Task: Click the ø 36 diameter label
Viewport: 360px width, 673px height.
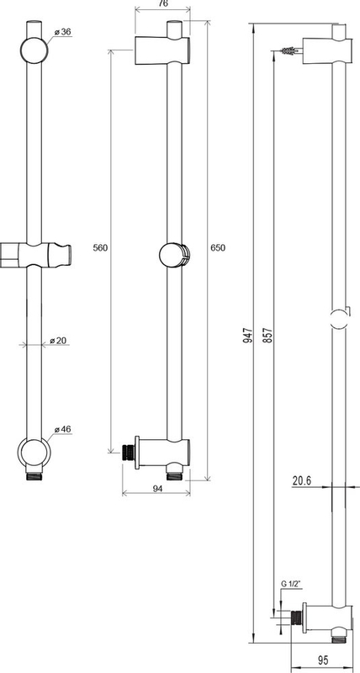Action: [x=62, y=32]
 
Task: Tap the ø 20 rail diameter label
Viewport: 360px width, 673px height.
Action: [x=57, y=341]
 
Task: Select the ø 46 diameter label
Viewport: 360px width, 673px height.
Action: [x=62, y=429]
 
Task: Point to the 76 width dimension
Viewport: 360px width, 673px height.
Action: [x=162, y=4]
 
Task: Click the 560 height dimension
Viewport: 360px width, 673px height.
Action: [x=99, y=247]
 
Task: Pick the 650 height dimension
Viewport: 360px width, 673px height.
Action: [x=218, y=247]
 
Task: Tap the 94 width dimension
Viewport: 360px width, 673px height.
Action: [x=158, y=488]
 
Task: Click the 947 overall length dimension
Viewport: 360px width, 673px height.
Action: [x=247, y=334]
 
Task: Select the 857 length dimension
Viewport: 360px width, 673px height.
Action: [x=268, y=334]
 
